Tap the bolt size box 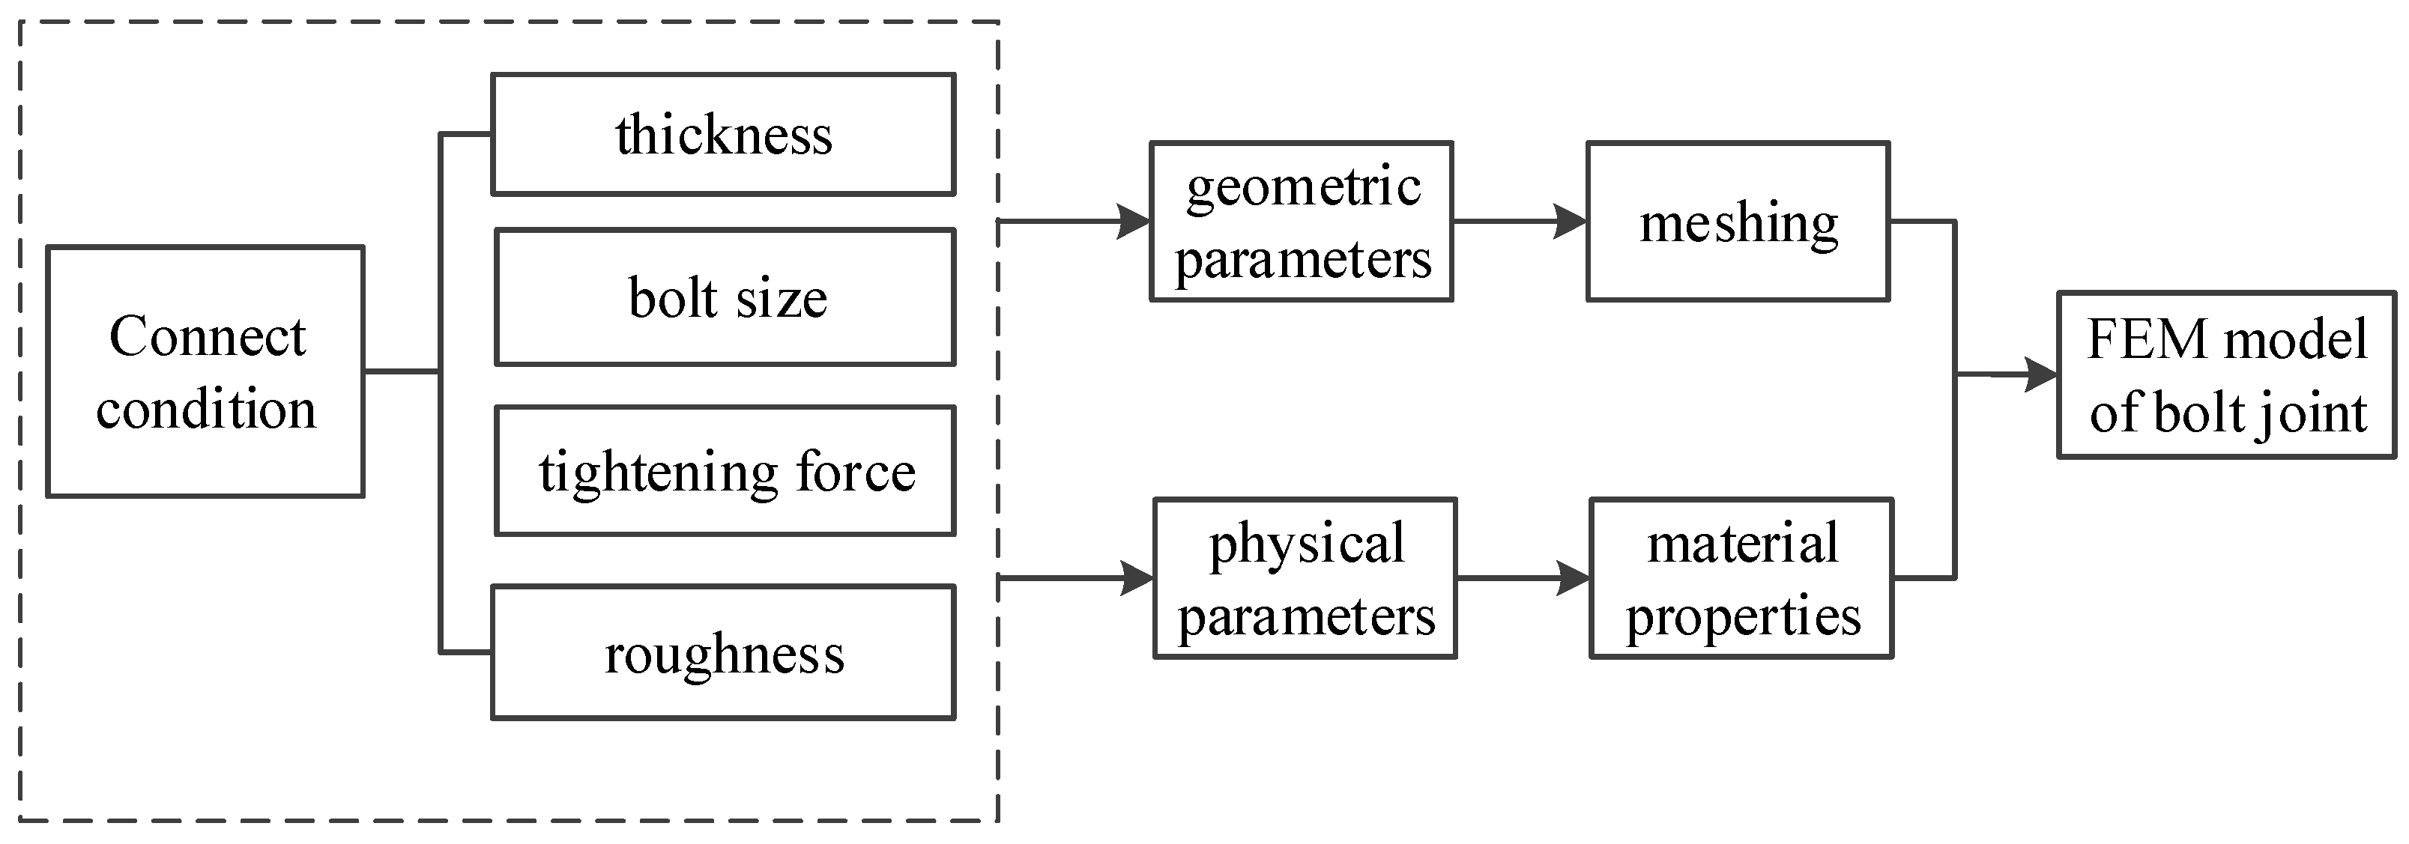725,297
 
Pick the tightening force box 725,470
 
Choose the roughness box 723,652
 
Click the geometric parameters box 1301,222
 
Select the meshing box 1738,222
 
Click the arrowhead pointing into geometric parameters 1134,222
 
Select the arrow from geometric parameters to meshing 1520,222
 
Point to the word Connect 207,336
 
